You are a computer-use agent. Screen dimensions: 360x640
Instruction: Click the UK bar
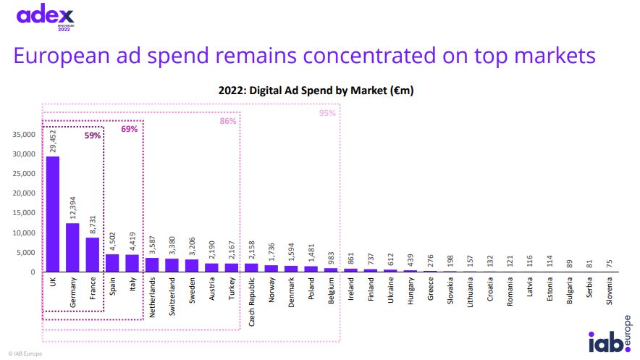[53, 214]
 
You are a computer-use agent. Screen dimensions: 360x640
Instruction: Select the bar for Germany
[72, 247]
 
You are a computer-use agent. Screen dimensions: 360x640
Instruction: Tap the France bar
[92, 254]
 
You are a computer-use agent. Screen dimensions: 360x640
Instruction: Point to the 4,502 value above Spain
[112, 240]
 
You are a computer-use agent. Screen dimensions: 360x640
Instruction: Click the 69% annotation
[129, 129]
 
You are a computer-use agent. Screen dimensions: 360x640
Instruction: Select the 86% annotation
[228, 121]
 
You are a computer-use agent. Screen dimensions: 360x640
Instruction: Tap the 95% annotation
[327, 113]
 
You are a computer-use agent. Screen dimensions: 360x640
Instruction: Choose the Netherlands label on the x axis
[152, 297]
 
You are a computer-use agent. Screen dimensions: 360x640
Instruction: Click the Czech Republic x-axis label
[251, 301]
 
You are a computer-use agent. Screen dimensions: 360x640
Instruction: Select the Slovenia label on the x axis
[607, 293]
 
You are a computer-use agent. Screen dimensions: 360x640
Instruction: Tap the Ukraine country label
[390, 292]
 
